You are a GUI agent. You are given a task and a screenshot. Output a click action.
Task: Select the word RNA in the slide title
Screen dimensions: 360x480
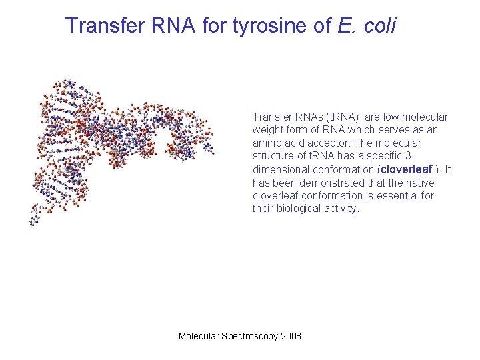point(172,26)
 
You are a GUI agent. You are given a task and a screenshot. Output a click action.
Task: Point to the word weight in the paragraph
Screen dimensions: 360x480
point(268,130)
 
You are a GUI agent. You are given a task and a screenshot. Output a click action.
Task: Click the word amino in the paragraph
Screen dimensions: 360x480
point(268,143)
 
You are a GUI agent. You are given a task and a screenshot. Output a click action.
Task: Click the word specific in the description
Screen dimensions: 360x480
point(403,157)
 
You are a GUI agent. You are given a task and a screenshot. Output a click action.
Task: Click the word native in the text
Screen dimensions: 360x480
point(420,183)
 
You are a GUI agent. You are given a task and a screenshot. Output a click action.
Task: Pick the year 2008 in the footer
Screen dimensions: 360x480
point(291,336)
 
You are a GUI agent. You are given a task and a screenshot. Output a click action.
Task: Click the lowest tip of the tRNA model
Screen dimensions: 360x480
point(31,224)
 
